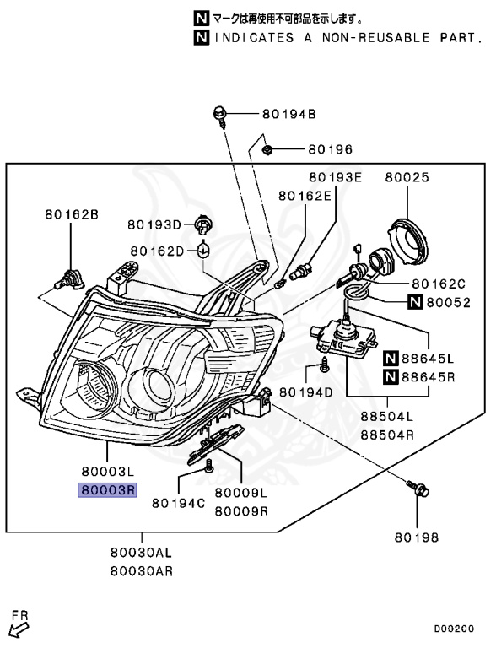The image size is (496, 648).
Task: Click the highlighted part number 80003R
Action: [x=107, y=490]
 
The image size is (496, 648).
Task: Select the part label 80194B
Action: [x=289, y=114]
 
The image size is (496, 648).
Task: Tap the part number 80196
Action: [x=331, y=149]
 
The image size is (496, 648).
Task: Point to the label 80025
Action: [x=407, y=177]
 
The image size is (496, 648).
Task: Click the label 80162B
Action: [x=72, y=214]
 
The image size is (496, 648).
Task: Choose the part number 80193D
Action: [x=154, y=224]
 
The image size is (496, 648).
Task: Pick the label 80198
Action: [x=416, y=537]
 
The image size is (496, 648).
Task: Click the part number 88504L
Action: [x=387, y=416]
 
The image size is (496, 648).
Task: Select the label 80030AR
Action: [x=142, y=571]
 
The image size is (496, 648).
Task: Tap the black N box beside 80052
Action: [x=415, y=302]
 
